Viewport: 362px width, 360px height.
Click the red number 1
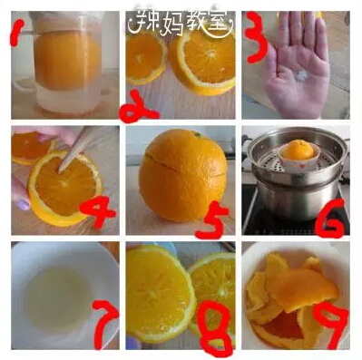coord(17,32)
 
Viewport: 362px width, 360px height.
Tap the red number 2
coord(138,107)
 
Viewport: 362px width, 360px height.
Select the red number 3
coord(256,38)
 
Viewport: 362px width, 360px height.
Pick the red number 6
coord(330,219)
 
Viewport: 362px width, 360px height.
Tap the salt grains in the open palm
coord(302,74)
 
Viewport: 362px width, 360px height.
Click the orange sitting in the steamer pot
coord(298,151)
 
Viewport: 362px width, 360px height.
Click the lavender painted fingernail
coord(24,205)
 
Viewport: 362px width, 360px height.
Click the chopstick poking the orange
coord(75,149)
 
